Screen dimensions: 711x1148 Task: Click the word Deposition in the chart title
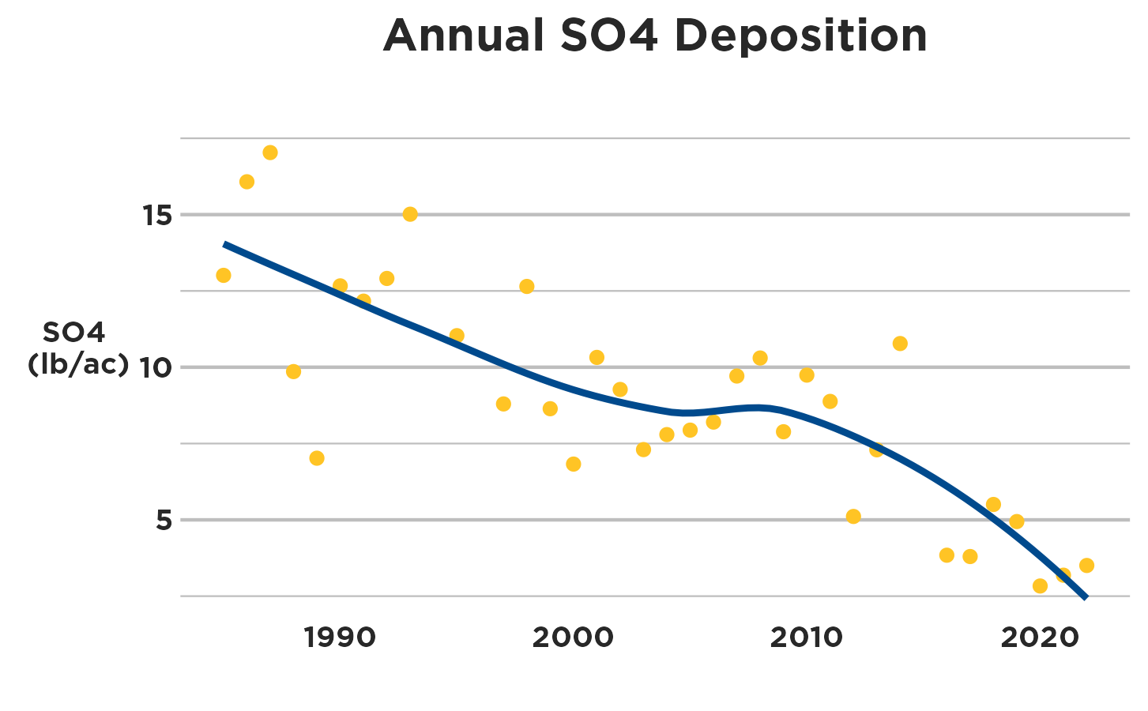[800, 36]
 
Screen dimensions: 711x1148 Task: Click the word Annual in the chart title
[464, 36]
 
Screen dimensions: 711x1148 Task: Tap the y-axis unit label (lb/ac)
[77, 364]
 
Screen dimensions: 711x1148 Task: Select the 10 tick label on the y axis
[156, 367]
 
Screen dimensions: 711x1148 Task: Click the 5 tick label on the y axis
[164, 520]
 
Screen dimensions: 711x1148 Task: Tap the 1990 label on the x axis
[340, 638]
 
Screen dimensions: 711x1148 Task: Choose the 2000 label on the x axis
[573, 638]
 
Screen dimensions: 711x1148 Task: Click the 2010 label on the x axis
[806, 638]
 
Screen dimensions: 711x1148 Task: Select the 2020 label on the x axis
[1039, 638]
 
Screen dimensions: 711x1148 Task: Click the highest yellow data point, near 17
[270, 152]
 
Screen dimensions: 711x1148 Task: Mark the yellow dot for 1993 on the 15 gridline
[410, 214]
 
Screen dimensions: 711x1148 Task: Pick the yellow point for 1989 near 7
[317, 458]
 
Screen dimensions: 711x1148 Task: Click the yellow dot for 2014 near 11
[900, 344]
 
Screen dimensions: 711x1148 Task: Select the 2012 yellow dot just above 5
[853, 517]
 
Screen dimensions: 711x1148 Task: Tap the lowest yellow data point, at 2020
[1040, 586]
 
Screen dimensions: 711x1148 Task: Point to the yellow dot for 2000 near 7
[574, 464]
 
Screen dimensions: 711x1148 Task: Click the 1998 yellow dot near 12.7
[527, 286]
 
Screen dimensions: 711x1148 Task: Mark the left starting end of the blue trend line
[225, 244]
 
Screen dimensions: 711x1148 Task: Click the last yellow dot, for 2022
[1086, 566]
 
